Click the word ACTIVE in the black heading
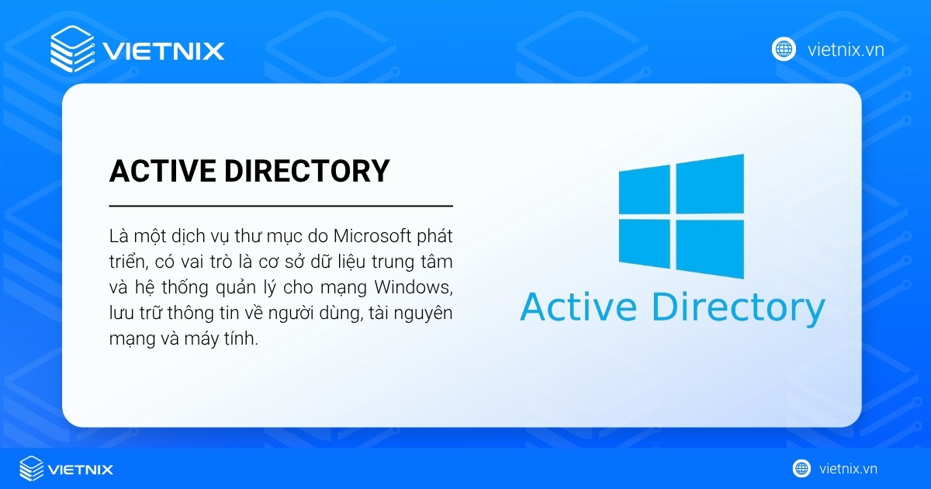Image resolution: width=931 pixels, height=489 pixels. pyautogui.click(x=162, y=172)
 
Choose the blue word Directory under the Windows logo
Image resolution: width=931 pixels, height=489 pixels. pyautogui.click(x=737, y=308)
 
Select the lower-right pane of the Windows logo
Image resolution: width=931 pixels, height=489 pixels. pyautogui.click(x=709, y=248)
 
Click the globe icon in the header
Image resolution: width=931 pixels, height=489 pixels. pyautogui.click(x=784, y=49)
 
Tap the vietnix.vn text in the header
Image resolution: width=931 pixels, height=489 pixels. pyautogui.click(x=846, y=50)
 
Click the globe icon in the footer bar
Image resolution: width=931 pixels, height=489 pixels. pyautogui.click(x=801, y=468)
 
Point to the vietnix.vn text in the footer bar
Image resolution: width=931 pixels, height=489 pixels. pyautogui.click(x=848, y=469)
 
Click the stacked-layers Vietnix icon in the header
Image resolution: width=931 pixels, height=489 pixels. pyautogui.click(x=71, y=50)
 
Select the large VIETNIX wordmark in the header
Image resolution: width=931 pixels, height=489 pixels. pyautogui.click(x=163, y=51)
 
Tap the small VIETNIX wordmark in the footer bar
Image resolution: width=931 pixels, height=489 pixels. pyautogui.click(x=80, y=470)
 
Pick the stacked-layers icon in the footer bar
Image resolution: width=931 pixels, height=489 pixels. pyautogui.click(x=32, y=469)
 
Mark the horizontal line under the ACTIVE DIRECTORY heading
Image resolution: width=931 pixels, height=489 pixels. pyautogui.click(x=280, y=206)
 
